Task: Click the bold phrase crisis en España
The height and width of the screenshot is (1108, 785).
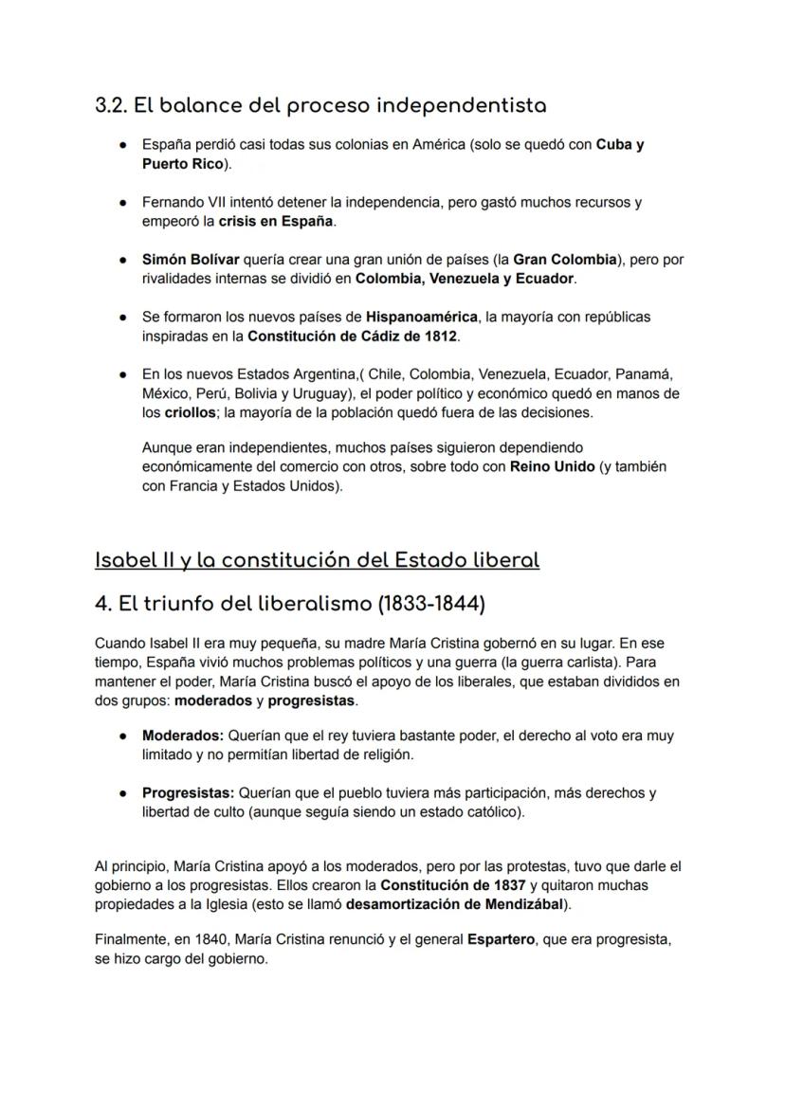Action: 276,221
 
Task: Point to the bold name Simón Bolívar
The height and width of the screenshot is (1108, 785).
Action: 191,259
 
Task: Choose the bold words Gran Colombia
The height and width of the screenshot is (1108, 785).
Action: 564,259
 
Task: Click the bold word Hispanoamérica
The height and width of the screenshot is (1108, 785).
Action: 421,317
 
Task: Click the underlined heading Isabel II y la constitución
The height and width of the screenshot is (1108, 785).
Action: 317,559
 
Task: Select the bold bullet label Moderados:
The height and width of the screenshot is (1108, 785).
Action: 183,736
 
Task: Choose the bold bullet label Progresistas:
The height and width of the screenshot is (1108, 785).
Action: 188,792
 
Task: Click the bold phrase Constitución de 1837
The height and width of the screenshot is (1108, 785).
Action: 451,885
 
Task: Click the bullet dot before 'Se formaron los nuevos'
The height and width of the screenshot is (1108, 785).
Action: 123,317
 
